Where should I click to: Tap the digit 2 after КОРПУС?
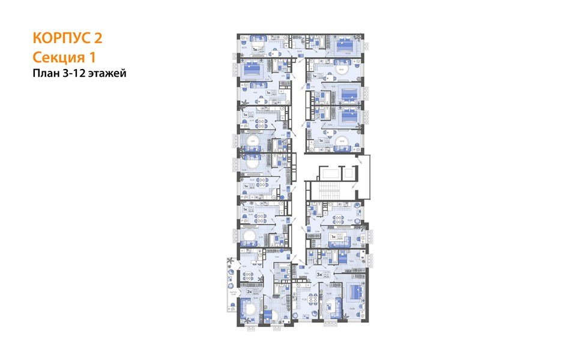coord(98,39)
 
